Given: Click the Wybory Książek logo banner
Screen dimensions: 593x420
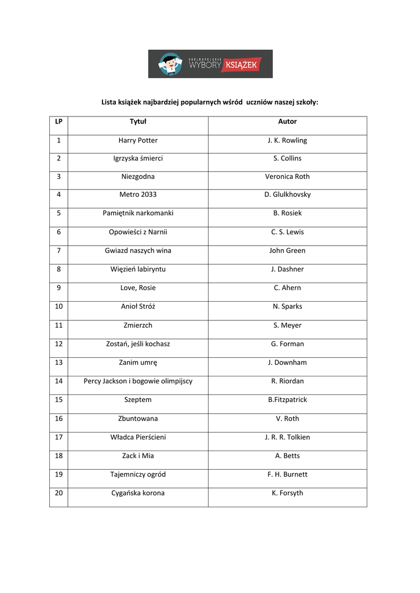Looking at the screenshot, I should click(x=210, y=64).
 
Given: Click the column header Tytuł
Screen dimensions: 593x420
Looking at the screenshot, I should click(x=138, y=122).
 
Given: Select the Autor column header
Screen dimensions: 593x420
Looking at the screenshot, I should click(x=287, y=122).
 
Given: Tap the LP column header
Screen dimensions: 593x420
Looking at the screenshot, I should click(x=59, y=122).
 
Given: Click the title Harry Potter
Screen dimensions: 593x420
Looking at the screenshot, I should click(x=138, y=141).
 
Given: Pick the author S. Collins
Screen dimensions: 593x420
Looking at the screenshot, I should click(x=287, y=159).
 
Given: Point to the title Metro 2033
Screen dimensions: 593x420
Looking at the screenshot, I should click(x=138, y=195).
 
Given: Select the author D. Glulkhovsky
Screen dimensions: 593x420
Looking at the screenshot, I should click(x=287, y=195).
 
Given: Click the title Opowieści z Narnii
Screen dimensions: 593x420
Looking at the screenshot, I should click(x=138, y=232).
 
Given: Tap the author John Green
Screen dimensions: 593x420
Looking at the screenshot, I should click(x=287, y=251).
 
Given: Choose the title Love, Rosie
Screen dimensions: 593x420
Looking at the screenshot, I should click(x=138, y=288).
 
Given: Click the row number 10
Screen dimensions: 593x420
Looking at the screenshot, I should click(x=59, y=306).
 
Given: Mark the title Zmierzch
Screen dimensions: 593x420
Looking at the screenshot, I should click(x=138, y=325).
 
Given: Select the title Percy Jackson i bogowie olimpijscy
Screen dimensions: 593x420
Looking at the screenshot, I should click(x=138, y=381).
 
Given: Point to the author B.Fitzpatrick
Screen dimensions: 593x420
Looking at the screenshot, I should click(x=287, y=400).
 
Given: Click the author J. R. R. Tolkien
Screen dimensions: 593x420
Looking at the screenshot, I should click(x=287, y=437).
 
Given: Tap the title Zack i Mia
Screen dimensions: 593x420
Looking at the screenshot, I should click(x=138, y=456).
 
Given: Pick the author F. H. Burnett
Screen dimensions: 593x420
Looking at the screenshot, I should click(x=287, y=474).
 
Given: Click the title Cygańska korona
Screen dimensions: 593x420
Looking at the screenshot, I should click(x=138, y=493).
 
